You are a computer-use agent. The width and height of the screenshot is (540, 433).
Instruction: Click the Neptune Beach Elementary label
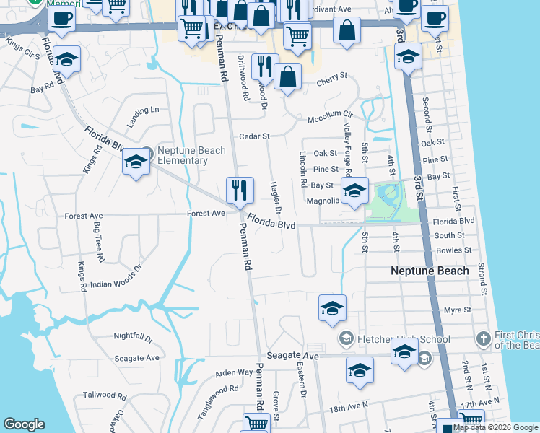pyautogui.click(x=191, y=155)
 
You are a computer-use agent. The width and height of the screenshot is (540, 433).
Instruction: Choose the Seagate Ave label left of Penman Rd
pyautogui.click(x=136, y=358)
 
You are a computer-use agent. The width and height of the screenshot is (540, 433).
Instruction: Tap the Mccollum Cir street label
pyautogui.click(x=330, y=115)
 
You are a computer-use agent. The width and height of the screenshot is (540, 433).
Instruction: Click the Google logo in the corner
pyautogui.click(x=24, y=424)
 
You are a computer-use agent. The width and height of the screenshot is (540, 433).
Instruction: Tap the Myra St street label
pyautogui.click(x=458, y=310)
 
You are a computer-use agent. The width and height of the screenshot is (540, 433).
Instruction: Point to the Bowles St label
pyautogui.click(x=453, y=250)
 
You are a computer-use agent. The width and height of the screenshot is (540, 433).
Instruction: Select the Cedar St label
pyautogui.click(x=254, y=136)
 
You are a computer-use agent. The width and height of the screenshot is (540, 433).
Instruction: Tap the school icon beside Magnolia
pyautogui.click(x=354, y=191)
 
